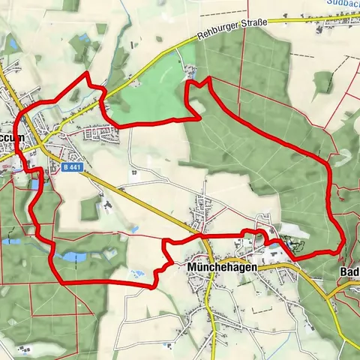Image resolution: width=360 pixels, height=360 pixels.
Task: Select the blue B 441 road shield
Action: pos(72,168)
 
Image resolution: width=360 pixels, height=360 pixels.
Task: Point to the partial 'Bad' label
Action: pos(349,271)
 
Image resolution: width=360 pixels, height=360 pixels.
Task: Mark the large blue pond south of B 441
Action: pos(73,257)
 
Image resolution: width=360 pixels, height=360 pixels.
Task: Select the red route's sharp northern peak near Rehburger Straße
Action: pos(187,79)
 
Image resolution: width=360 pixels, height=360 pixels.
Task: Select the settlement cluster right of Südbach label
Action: pos(330,22)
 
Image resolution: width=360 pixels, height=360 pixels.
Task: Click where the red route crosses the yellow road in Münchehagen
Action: pos(201,235)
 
